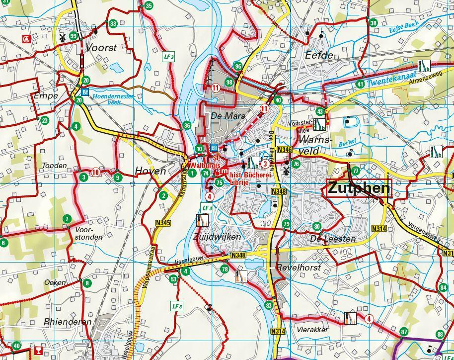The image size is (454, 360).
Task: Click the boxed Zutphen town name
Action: click(x=359, y=188)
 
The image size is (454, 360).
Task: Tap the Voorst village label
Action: click(x=101, y=48)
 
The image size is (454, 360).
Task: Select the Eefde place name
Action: click(x=319, y=55)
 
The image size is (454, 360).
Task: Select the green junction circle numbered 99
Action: click(x=74, y=36)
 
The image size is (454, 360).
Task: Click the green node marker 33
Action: click(x=113, y=23)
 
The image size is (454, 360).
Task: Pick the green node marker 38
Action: click(x=373, y=23)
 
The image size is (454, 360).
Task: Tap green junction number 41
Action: click(x=360, y=84)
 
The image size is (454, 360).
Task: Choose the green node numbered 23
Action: click(x=45, y=120)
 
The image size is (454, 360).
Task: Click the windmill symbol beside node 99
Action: click(x=63, y=37)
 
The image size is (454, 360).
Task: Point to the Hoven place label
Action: click(x=150, y=171)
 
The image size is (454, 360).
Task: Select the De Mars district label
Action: click(x=222, y=116)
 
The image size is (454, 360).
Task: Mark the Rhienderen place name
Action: click(x=68, y=322)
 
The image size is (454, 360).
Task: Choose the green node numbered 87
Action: click(x=403, y=332)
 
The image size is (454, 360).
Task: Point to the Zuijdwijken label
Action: click(x=217, y=237)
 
